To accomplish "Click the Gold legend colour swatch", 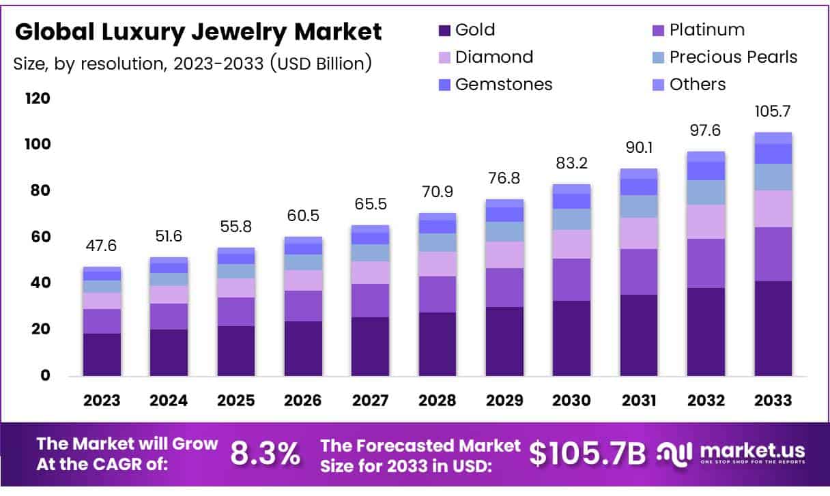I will coord(444,31).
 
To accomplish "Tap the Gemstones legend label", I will coord(504,84).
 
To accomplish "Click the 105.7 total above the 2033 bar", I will coord(773,111).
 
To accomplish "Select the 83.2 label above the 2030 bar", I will coord(571,163).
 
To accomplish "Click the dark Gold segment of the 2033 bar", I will coord(773,328).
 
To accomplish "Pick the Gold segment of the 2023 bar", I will coord(102,354).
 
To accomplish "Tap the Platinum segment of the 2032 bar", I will coord(706,263).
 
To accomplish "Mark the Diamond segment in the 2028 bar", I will coord(437,264).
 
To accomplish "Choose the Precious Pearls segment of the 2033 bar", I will coord(773,177).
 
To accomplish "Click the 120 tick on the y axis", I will coord(38,98).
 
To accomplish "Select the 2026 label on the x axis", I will coord(303,400).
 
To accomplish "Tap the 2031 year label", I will coord(639,400).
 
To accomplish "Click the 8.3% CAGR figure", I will coord(265,454).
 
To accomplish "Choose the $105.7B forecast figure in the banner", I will coord(588,454).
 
